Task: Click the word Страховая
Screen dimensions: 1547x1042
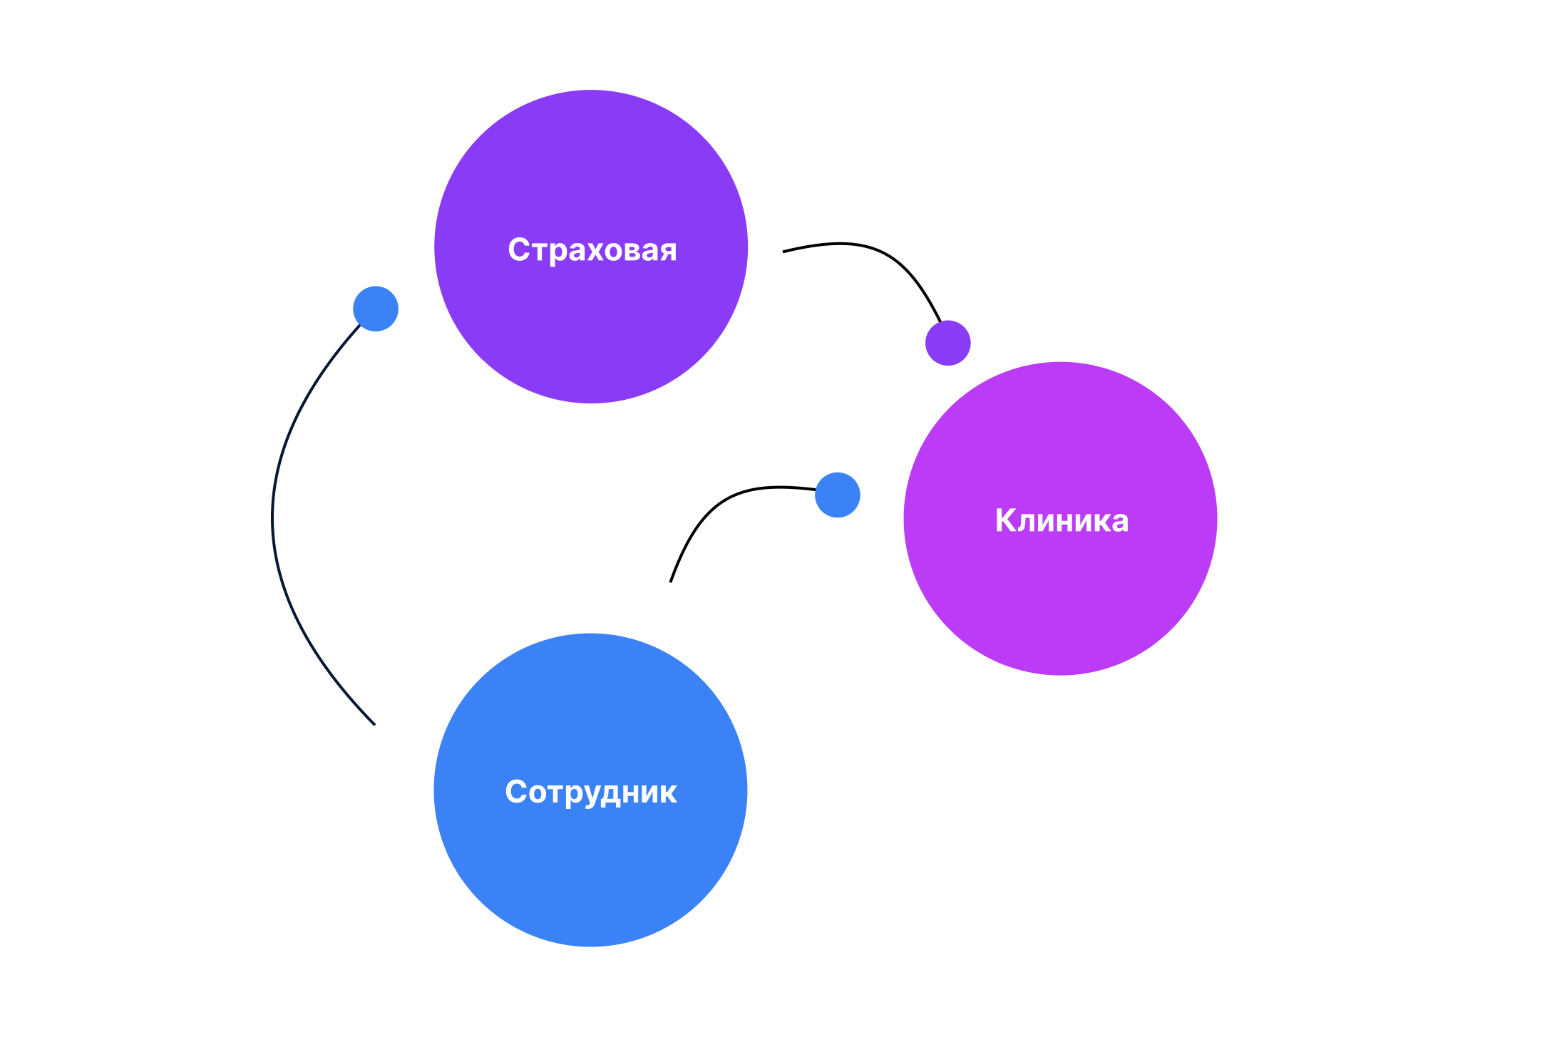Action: pyautogui.click(x=592, y=250)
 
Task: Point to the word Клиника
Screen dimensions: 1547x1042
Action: pyautogui.click(x=1062, y=520)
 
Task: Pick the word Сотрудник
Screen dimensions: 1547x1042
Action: pyautogui.click(x=591, y=792)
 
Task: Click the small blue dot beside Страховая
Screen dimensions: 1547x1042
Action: pyautogui.click(x=376, y=309)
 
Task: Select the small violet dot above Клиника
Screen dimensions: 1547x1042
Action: pyautogui.click(x=947, y=343)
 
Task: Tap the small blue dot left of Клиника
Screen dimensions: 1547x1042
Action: pyautogui.click(x=838, y=495)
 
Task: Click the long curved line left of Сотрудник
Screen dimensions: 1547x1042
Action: pyautogui.click(x=273, y=520)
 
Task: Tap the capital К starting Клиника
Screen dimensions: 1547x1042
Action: pyautogui.click(x=1005, y=520)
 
